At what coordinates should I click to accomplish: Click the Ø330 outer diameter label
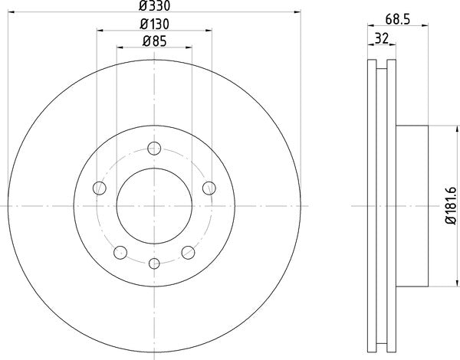point(154,6)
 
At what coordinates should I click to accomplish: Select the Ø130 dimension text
point(154,24)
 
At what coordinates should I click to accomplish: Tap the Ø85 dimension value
point(154,41)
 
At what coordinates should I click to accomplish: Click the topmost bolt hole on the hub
point(154,149)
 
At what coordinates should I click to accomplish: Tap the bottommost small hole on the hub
point(154,263)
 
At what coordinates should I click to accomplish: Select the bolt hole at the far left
point(99,187)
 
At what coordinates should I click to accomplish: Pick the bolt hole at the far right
point(209,187)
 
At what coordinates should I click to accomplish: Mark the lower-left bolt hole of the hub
point(120,253)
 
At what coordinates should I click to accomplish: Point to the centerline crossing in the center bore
point(154,206)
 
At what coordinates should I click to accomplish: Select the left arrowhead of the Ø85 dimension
point(119,48)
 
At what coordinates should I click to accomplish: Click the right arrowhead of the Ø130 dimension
point(209,31)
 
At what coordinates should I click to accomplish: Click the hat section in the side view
point(410,206)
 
